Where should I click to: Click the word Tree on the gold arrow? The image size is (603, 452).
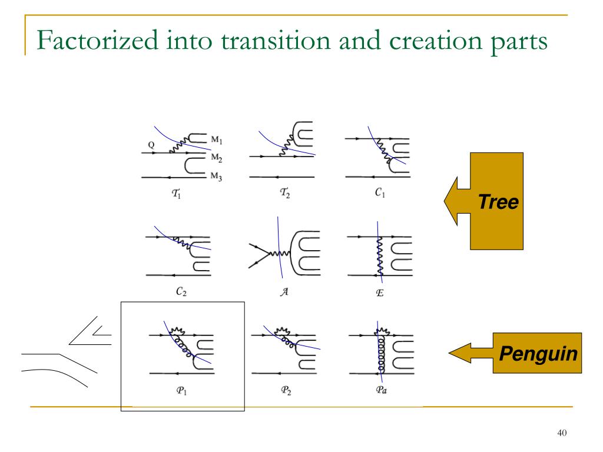[498, 202]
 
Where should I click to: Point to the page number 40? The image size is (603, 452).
[561, 434]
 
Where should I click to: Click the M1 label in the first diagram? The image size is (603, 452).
[216, 140]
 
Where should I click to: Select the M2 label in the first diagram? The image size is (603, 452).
[216, 158]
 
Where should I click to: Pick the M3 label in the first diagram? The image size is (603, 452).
[216, 175]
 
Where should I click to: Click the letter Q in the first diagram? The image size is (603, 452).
[151, 143]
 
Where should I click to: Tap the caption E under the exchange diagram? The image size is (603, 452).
[380, 292]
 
